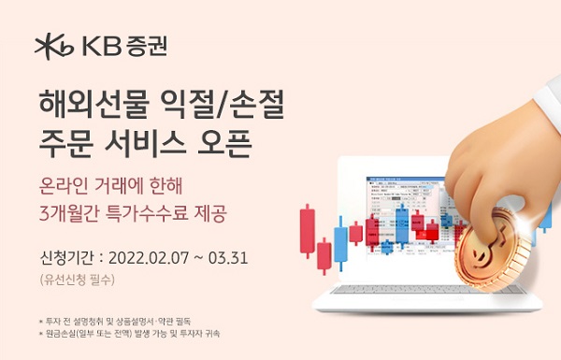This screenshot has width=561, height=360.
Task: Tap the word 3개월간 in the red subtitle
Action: point(69,211)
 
